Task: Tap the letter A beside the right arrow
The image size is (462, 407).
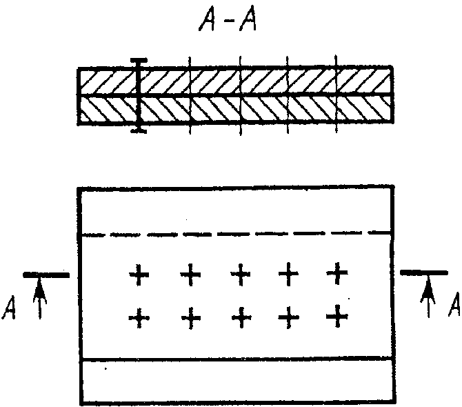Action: tap(454, 305)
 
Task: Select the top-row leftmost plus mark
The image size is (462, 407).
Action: tap(139, 275)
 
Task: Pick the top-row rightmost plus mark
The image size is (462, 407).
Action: tap(337, 273)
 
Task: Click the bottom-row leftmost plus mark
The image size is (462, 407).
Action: tap(139, 318)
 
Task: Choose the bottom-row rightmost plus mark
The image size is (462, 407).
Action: tap(337, 317)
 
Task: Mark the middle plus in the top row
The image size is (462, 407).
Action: tap(241, 275)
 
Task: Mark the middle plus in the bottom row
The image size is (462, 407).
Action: tap(241, 318)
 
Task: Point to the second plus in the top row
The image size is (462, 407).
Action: tap(190, 275)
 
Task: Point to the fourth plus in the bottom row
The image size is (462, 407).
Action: tap(289, 317)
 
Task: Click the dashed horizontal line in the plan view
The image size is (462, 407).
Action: tap(237, 235)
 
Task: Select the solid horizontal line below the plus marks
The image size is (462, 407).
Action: tap(237, 359)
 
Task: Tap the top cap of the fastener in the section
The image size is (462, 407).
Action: tap(139, 61)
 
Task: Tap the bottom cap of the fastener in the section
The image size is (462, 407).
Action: tap(139, 130)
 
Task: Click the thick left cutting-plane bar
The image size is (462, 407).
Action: tap(46, 275)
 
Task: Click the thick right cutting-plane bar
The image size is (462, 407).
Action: tap(423, 272)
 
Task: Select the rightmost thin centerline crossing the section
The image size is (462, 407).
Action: tap(336, 94)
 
